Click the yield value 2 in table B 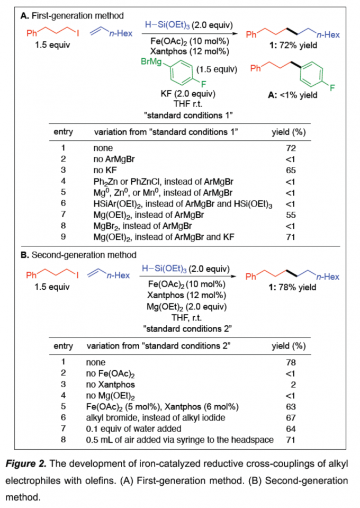tap(292, 385)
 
